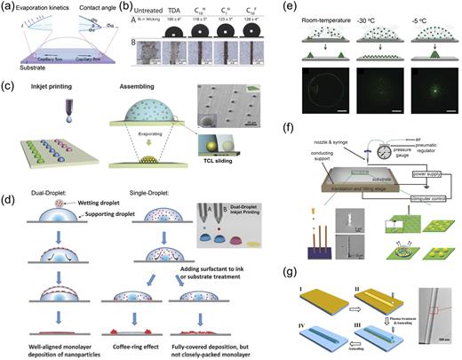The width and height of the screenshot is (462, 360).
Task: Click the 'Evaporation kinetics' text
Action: pos(39,6)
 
